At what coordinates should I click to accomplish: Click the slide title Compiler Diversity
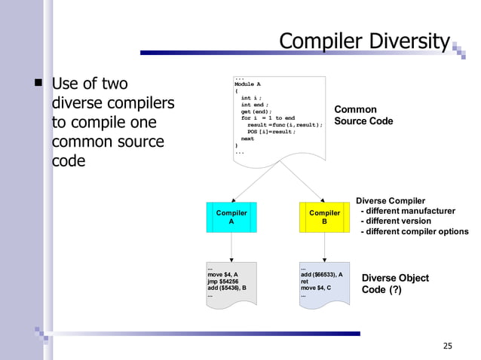click(364, 40)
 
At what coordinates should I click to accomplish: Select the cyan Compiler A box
click(231, 217)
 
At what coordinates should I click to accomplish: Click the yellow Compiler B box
click(324, 217)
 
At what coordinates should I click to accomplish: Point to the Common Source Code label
click(363, 115)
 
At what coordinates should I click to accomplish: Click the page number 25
click(448, 346)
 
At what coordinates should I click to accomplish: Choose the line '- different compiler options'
click(415, 232)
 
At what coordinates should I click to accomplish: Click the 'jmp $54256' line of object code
click(223, 281)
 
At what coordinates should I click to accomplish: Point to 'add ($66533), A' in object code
click(322, 274)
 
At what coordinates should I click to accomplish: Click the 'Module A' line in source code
click(248, 84)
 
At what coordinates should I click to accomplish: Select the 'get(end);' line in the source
click(256, 111)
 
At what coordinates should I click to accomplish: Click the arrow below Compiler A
click(231, 247)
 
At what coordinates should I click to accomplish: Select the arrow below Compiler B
click(324, 247)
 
